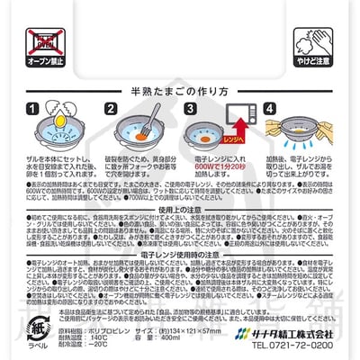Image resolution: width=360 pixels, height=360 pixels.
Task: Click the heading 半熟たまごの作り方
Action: tap(179, 92)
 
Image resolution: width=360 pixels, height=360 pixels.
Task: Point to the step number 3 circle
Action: tap(191, 110)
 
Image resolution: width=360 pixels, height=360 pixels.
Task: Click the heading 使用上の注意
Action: tap(180, 209)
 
